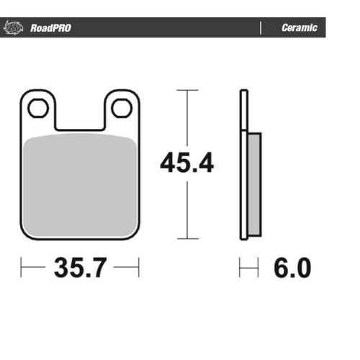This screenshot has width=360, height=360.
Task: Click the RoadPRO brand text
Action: [50, 29]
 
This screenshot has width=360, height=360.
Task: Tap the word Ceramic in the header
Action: [299, 29]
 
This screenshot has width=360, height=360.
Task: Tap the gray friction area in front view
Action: [79, 184]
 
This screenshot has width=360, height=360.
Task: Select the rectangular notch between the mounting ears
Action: [79, 115]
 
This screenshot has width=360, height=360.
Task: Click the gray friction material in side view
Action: [253, 183]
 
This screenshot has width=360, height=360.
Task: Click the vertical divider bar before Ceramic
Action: [259, 29]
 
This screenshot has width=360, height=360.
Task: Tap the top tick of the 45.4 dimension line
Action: [187, 91]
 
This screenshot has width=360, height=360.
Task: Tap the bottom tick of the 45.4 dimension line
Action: [187, 238]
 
